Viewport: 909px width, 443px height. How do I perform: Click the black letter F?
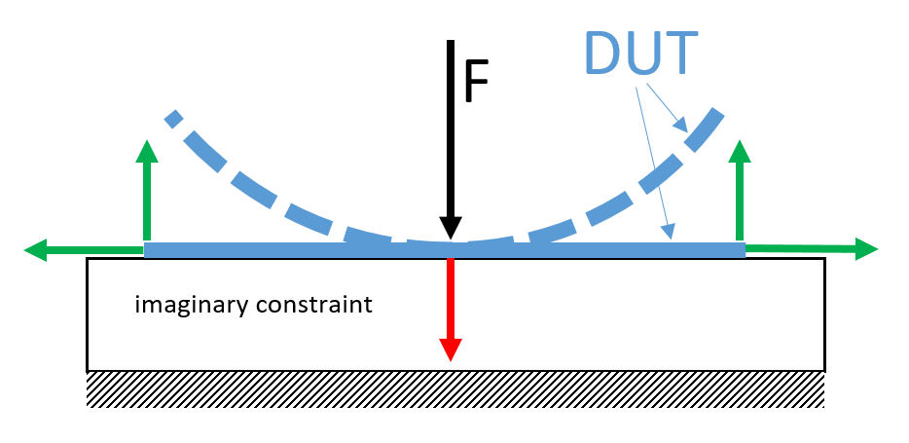tap(475, 83)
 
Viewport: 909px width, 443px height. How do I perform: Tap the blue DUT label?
tap(640, 54)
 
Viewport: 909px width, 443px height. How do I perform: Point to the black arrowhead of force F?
tap(450, 227)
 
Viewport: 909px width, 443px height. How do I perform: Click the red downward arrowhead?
tap(450, 350)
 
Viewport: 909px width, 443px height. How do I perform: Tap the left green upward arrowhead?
tap(147, 152)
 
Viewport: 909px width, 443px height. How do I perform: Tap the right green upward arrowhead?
tap(740, 152)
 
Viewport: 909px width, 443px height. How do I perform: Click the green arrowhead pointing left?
tap(36, 251)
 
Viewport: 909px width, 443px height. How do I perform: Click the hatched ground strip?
tap(455, 389)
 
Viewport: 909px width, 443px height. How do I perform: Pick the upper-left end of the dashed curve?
tap(172, 118)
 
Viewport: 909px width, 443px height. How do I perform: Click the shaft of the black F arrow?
tap(450, 127)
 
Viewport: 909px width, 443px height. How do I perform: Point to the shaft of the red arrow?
tap(450, 297)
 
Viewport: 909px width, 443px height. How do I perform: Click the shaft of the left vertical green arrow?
tap(147, 200)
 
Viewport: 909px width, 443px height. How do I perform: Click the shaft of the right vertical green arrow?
tap(740, 200)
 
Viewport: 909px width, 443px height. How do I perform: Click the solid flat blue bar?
tap(292, 250)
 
